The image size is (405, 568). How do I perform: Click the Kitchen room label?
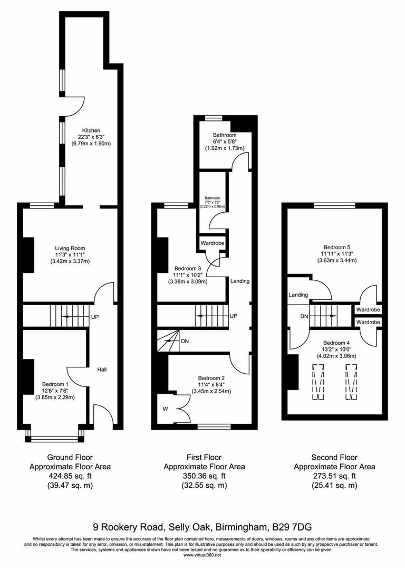click(x=91, y=130)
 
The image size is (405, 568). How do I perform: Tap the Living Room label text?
click(x=70, y=248)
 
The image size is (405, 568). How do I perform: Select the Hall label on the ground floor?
click(x=102, y=370)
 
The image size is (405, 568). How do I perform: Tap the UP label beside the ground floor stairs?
click(x=95, y=317)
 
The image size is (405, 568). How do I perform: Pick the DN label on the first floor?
click(x=185, y=341)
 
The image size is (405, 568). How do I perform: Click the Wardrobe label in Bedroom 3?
click(x=212, y=243)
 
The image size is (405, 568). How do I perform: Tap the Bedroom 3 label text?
click(x=187, y=268)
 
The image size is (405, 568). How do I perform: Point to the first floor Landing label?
click(x=239, y=281)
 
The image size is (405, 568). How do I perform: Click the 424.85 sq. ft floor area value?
click(x=70, y=476)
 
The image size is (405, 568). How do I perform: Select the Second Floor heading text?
click(x=334, y=457)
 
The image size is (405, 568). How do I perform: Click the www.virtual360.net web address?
click(x=202, y=555)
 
